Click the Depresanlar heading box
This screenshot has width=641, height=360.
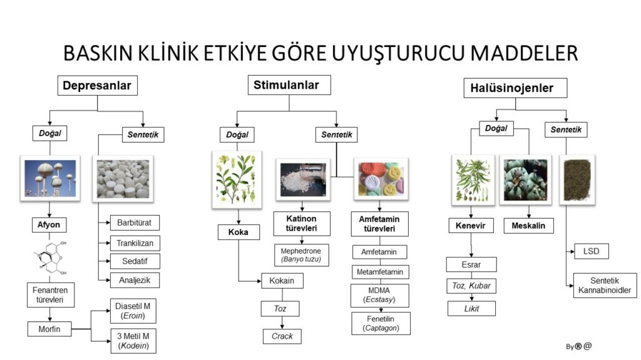tap(98, 86)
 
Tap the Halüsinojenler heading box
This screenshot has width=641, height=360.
tap(512, 88)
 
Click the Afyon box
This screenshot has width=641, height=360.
tap(48, 224)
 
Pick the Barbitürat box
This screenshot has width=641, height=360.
tap(135, 222)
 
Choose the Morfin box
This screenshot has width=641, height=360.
tap(48, 329)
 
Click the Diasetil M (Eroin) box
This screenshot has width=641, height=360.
tap(133, 311)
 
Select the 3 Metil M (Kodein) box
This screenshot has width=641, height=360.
tap(133, 340)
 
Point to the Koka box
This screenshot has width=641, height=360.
tap(238, 232)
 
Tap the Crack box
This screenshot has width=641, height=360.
tap(282, 336)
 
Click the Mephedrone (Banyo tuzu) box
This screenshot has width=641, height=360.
tap(301, 255)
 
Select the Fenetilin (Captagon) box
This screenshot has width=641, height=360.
tap(380, 323)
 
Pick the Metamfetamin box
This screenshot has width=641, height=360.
tap(380, 272)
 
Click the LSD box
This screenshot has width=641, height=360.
tap(591, 252)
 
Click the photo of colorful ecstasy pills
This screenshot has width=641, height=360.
tap(381, 179)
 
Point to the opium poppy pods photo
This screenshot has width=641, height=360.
tap(50, 177)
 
